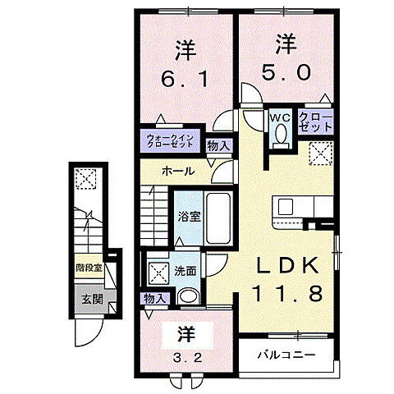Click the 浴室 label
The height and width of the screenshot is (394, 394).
click(x=189, y=217)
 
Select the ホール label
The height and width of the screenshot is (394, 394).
click(x=178, y=172)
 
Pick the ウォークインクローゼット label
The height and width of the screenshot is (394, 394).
click(x=171, y=140)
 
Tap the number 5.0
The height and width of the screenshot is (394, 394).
click(x=286, y=71)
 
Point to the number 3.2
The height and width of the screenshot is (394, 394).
click(x=186, y=357)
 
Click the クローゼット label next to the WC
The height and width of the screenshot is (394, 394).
click(x=316, y=122)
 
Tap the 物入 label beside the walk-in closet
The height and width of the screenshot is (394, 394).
click(x=218, y=146)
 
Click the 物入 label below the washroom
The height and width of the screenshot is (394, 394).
click(x=153, y=298)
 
